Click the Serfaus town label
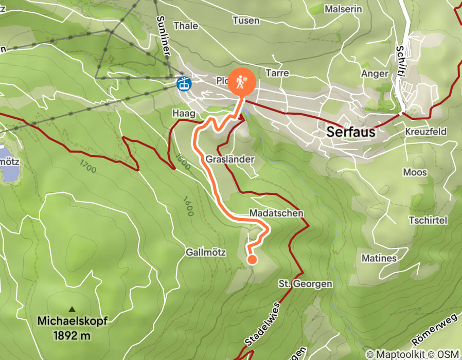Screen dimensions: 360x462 tap(351, 132)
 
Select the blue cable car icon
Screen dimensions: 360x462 tap(183, 83)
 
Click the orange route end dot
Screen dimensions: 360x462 tap(252, 260)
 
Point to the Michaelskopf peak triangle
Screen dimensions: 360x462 tap(72, 309)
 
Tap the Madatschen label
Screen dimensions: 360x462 tap(276, 213)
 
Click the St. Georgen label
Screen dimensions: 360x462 tap(305, 284)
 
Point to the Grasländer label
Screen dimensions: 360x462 tap(230, 159)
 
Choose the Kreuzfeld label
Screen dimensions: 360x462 tap(425, 132)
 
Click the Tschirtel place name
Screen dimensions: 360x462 tap(428, 220)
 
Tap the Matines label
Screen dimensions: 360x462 tap(379, 258)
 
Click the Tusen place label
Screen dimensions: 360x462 tap(246, 21)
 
